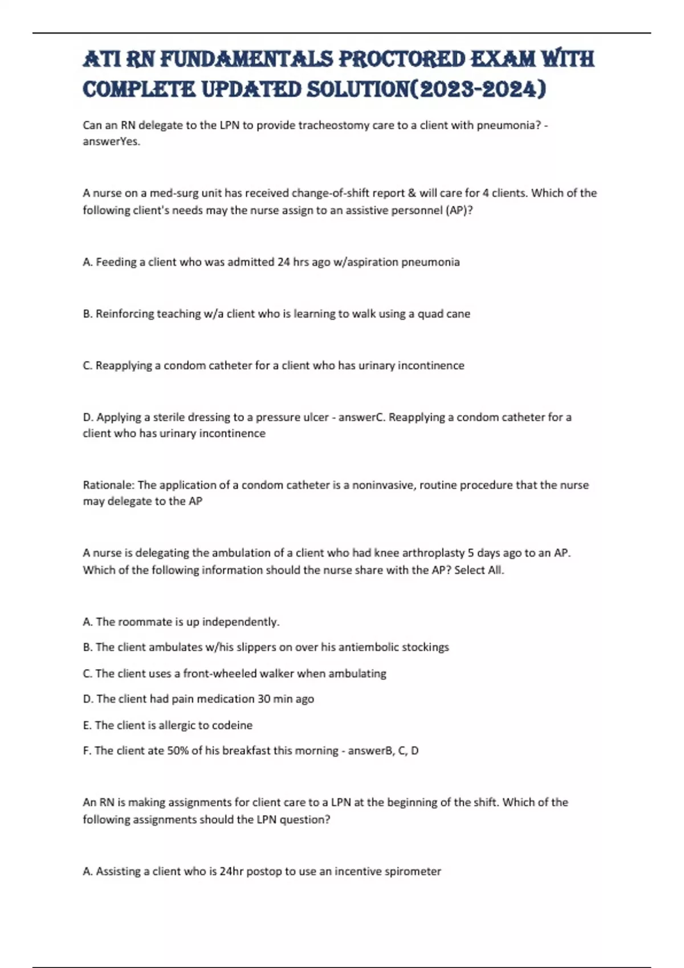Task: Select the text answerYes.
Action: (111, 142)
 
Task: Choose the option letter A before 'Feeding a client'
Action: (87, 262)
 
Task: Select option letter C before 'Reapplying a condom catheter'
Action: (87, 366)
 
